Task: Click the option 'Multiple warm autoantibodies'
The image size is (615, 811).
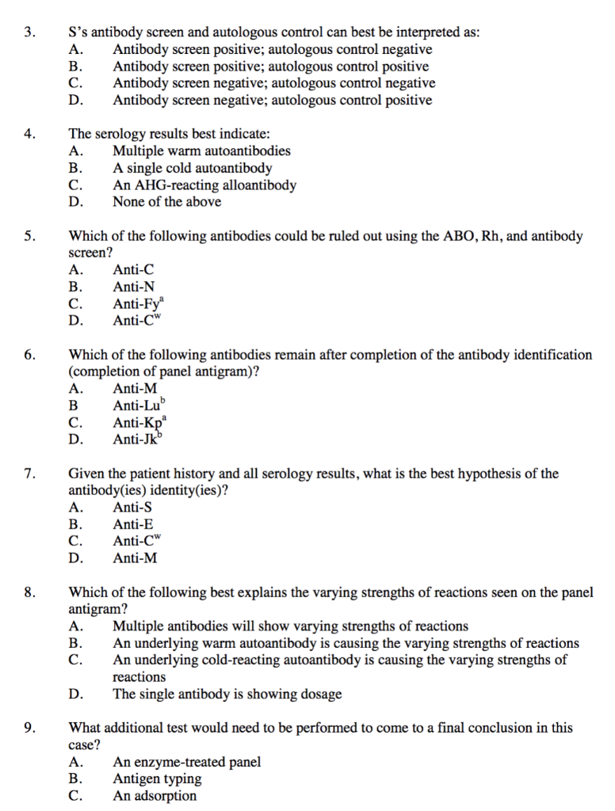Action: tap(201, 150)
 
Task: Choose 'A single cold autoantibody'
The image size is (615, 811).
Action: tap(192, 168)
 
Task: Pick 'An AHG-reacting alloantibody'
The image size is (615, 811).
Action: tap(204, 185)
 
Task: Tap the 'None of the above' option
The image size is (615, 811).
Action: tap(166, 202)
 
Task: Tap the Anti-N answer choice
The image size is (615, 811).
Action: tap(134, 287)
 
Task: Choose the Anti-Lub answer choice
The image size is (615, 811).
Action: tap(139, 405)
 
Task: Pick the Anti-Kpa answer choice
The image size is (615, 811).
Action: tap(139, 422)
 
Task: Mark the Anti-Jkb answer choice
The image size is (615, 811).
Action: tap(138, 440)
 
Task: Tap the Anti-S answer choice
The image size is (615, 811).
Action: tap(133, 507)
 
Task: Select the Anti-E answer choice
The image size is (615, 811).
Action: tap(133, 524)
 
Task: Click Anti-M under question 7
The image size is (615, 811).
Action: tap(135, 558)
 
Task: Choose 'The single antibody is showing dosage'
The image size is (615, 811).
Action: tap(227, 695)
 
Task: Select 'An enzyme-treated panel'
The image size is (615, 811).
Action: tap(187, 762)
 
